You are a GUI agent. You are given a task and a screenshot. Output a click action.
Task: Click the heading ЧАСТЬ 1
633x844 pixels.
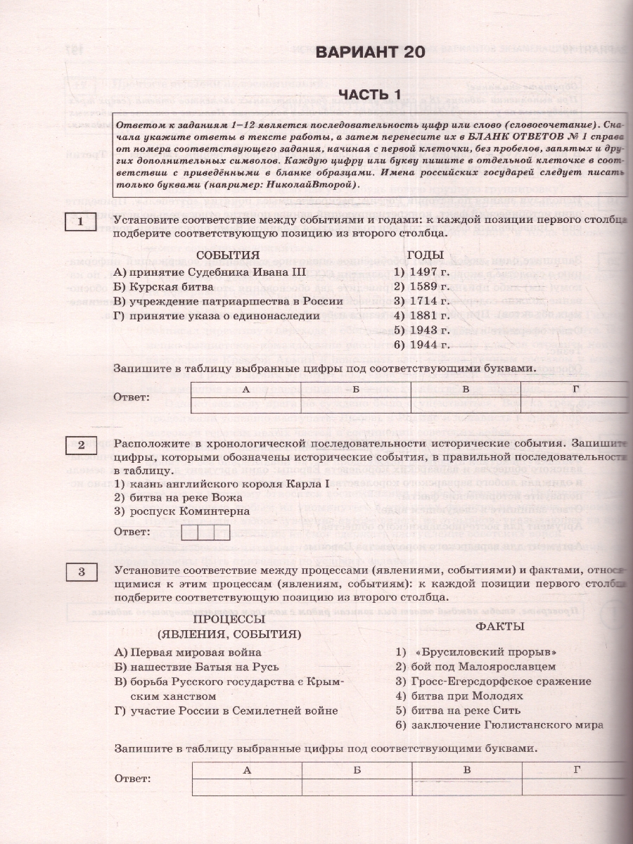tap(369, 95)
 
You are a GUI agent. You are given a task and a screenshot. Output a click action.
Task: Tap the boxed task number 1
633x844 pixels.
tap(81, 223)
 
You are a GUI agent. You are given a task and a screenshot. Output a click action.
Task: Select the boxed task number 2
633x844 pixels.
tap(81, 445)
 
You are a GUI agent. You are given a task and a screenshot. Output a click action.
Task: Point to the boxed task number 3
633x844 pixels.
tap(81, 572)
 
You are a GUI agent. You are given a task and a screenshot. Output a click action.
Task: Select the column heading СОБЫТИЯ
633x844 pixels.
tap(228, 255)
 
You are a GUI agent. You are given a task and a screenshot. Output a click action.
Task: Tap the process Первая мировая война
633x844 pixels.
tap(187, 652)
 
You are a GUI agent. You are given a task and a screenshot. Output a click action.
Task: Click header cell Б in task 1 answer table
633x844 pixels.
tap(356, 389)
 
